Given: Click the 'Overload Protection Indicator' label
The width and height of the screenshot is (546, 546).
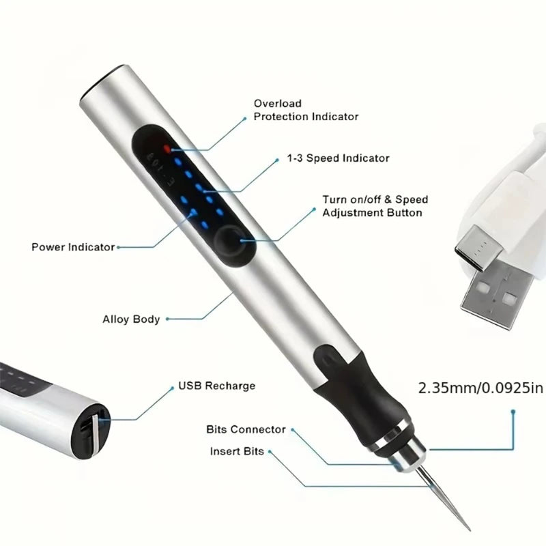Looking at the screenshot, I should click(306, 110).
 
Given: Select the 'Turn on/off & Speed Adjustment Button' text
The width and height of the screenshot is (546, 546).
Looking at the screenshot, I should click(375, 206).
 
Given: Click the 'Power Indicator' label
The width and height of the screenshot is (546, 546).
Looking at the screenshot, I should click(72, 247).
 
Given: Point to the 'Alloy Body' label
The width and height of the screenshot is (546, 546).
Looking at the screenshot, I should click(131, 319).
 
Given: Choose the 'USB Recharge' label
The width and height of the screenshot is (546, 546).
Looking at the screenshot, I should click(216, 386).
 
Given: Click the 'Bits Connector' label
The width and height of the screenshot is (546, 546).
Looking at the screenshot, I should click(246, 430).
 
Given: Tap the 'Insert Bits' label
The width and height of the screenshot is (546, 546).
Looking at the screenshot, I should click(236, 452).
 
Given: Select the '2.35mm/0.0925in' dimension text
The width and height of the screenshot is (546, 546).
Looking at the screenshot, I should click(471, 389).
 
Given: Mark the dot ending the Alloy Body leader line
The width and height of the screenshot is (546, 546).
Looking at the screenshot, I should click(168, 319).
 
